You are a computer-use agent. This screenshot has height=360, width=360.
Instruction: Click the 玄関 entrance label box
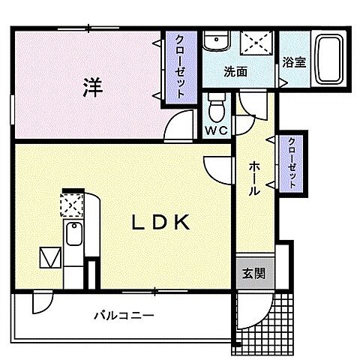point(252,274)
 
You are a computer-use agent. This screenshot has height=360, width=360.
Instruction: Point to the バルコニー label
point(124,316)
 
